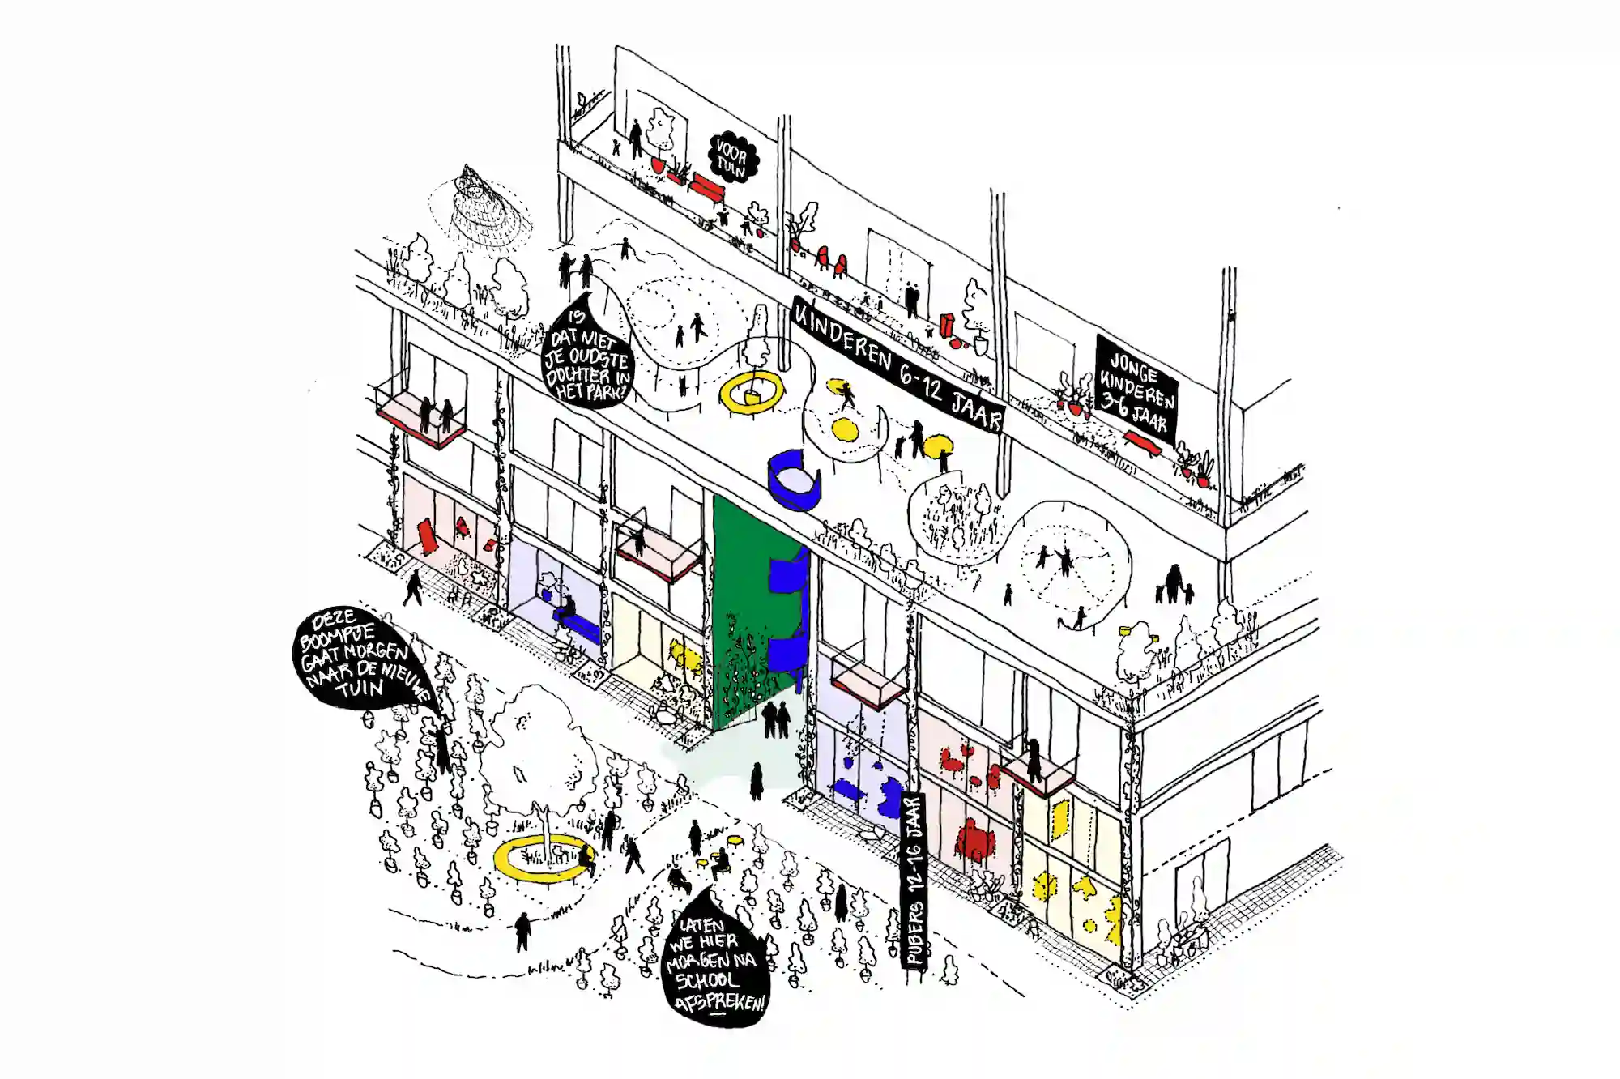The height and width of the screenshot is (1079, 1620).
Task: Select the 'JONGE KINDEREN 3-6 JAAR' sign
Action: pos(1136,389)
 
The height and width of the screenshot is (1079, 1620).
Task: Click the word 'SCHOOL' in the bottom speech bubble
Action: pos(706,980)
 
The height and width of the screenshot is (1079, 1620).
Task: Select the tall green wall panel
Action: pos(739,616)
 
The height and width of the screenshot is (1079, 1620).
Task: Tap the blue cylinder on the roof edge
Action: pos(794,481)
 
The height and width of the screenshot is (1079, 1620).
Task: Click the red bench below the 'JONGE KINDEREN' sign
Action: pos(1142,442)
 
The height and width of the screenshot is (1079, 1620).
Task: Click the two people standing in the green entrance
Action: pos(775,719)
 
